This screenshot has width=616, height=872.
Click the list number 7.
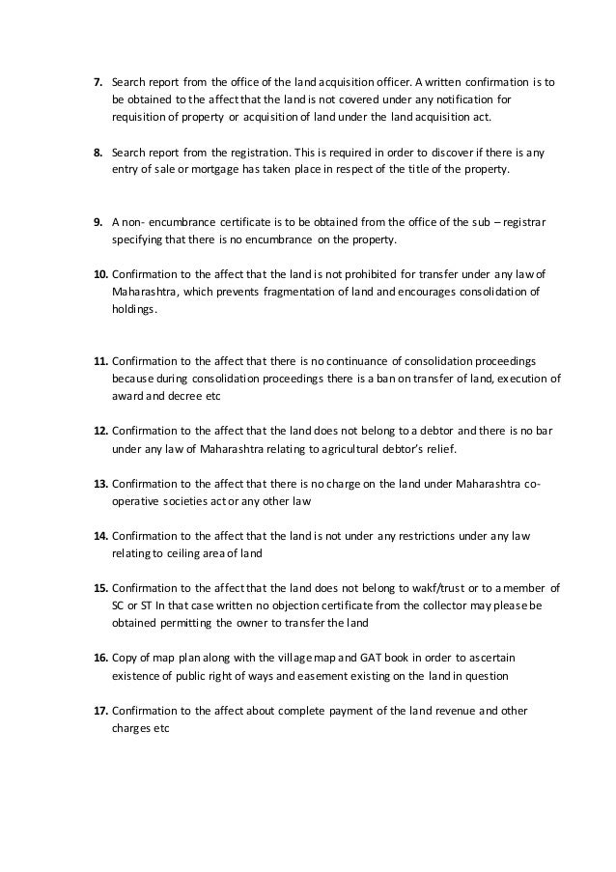coord(98,82)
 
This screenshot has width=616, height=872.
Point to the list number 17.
coord(99,710)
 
